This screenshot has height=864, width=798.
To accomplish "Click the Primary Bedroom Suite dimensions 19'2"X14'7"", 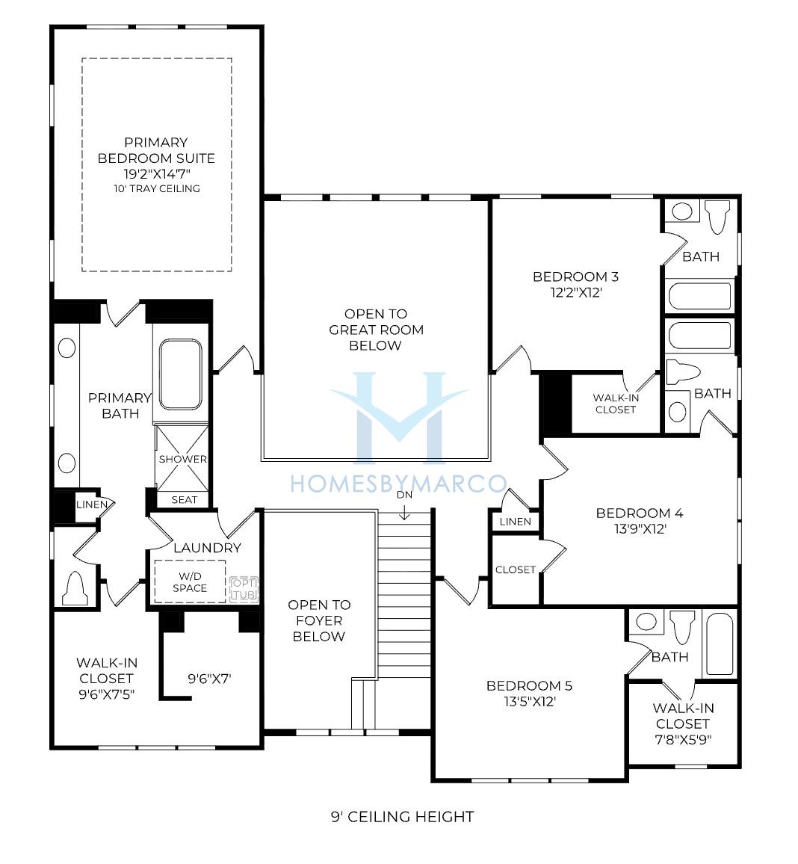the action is [x=156, y=174].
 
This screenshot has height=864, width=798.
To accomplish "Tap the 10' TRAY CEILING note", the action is [x=157, y=188].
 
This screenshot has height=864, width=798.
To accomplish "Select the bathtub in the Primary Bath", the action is [x=181, y=374].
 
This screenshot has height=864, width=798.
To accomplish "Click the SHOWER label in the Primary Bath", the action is [x=183, y=459].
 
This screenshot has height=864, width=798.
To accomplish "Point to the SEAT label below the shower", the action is [x=184, y=500].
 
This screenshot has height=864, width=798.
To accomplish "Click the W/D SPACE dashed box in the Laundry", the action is [x=190, y=581].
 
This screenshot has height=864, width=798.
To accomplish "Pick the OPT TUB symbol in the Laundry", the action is [x=244, y=589].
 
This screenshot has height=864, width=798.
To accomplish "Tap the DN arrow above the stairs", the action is [x=405, y=513].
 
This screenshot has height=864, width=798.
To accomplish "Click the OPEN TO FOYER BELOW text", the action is [x=319, y=620].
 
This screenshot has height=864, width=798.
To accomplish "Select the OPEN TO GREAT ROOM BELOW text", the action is [x=376, y=330].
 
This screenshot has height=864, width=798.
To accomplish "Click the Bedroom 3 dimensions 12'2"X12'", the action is [x=576, y=292].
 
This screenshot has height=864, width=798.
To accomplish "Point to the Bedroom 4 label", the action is [x=640, y=513].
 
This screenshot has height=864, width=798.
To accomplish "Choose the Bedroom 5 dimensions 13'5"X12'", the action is [x=530, y=702].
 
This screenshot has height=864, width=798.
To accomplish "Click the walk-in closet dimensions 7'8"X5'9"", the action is [x=683, y=739].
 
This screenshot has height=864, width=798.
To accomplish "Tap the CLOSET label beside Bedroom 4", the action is [x=516, y=570].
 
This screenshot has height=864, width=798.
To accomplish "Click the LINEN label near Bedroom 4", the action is [x=516, y=521].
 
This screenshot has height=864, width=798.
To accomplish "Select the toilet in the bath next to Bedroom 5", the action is [x=681, y=626].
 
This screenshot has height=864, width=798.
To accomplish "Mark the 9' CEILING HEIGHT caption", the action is [x=402, y=817].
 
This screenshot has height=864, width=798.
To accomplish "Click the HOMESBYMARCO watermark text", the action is [x=398, y=484].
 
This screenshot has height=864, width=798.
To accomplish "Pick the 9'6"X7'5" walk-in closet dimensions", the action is [x=107, y=694].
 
